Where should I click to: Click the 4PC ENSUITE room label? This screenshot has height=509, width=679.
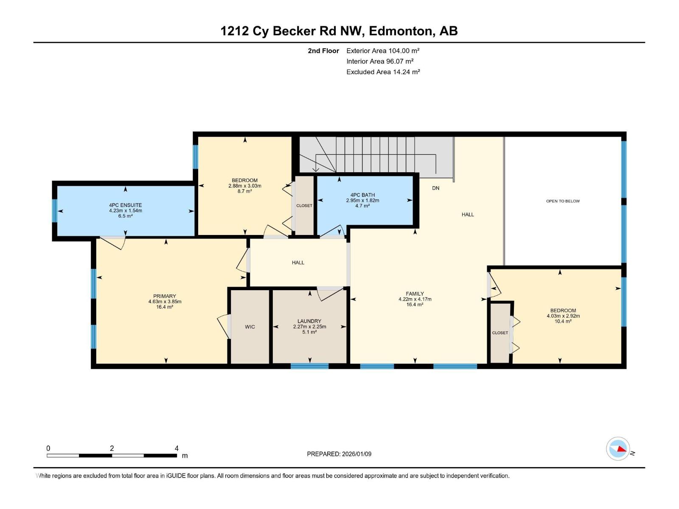[x=125, y=205]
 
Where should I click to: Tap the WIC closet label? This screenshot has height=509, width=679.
[x=250, y=327]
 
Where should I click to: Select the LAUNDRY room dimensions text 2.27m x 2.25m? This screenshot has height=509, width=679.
[x=309, y=327]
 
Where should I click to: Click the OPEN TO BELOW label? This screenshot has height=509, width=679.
[x=563, y=201]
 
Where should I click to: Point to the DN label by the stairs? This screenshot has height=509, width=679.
[x=436, y=188]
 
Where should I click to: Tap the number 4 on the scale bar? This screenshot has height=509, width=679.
[x=177, y=448]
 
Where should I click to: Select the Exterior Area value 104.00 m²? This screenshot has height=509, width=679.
[x=404, y=50]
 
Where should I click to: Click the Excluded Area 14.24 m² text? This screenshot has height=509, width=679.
[x=383, y=72]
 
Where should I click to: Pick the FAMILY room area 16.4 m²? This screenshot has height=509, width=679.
[x=415, y=305]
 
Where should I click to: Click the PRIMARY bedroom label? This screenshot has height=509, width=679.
[x=165, y=296]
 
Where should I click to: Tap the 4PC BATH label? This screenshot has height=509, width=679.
[x=362, y=195]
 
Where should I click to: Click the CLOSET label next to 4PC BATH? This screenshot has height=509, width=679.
[x=304, y=206]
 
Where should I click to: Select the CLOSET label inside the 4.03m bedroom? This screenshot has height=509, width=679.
[x=500, y=333]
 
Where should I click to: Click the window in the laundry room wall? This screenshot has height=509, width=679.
[x=309, y=366]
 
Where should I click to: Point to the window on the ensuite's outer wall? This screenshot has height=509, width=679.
[x=54, y=210]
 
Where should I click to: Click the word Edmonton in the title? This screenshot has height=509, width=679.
[x=401, y=31]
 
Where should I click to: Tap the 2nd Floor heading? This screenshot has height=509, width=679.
[x=323, y=51]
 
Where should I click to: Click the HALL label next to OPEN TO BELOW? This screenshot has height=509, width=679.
[x=468, y=215]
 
